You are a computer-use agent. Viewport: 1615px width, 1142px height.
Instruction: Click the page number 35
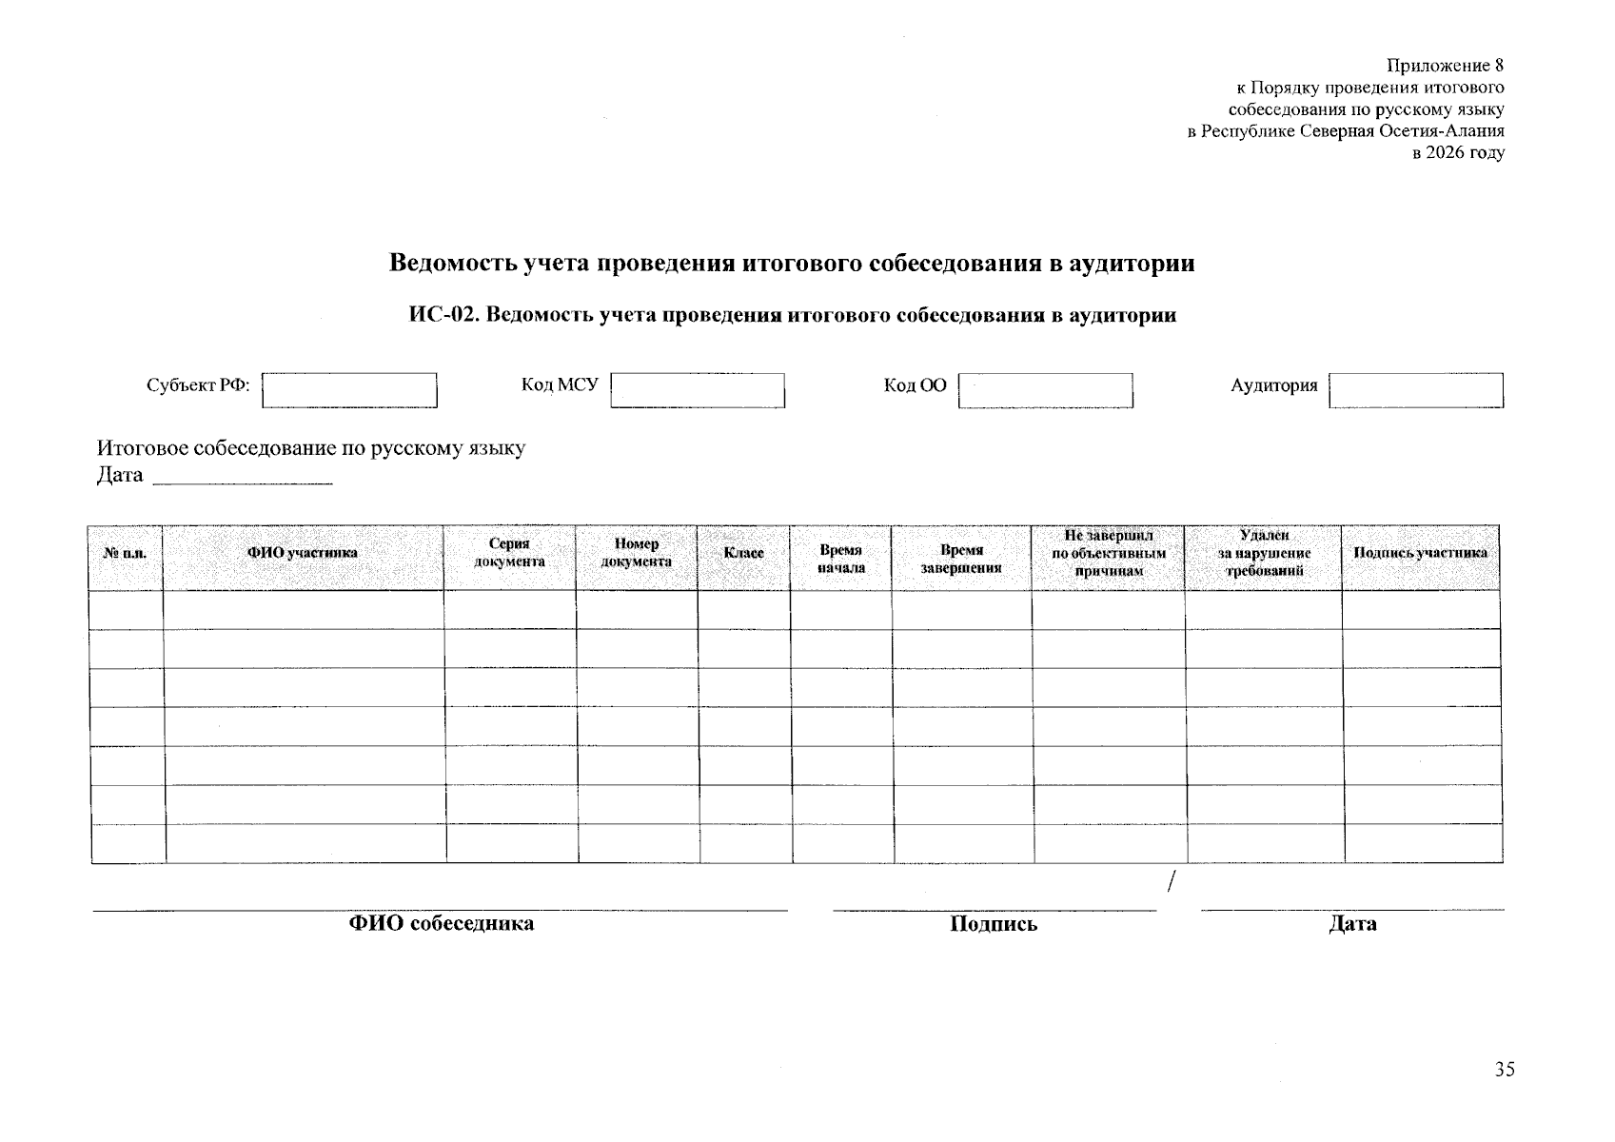[1504, 1070]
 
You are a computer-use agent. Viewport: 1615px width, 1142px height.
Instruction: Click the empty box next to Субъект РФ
[349, 390]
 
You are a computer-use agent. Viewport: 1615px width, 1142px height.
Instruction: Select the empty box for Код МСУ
[698, 390]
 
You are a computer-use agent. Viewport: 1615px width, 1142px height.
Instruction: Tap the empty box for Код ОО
[1045, 390]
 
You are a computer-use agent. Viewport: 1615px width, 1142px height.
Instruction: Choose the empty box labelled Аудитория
[1415, 390]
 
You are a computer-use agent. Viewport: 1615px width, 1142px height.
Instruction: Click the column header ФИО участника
[303, 553]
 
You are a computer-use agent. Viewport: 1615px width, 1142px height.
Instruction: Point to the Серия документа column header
[509, 553]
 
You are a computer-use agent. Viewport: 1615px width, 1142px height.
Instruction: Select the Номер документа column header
[636, 553]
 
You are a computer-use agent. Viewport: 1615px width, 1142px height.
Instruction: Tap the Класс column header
[743, 553]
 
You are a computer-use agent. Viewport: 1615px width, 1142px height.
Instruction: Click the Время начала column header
[840, 559]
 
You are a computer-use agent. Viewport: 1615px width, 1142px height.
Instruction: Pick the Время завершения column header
[961, 559]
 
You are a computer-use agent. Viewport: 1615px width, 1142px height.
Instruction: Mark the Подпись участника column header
[1420, 553]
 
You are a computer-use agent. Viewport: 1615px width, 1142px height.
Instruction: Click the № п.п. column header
[125, 553]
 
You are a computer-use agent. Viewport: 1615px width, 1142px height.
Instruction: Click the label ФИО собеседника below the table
[441, 923]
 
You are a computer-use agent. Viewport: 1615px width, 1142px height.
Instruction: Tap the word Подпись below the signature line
[993, 924]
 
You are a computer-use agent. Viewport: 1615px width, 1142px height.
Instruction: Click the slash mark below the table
[1172, 882]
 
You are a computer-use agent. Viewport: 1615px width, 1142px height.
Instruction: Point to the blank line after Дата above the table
[243, 481]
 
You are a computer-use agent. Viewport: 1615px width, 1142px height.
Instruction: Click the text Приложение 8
[1445, 66]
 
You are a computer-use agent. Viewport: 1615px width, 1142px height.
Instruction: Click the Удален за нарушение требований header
[1264, 553]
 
